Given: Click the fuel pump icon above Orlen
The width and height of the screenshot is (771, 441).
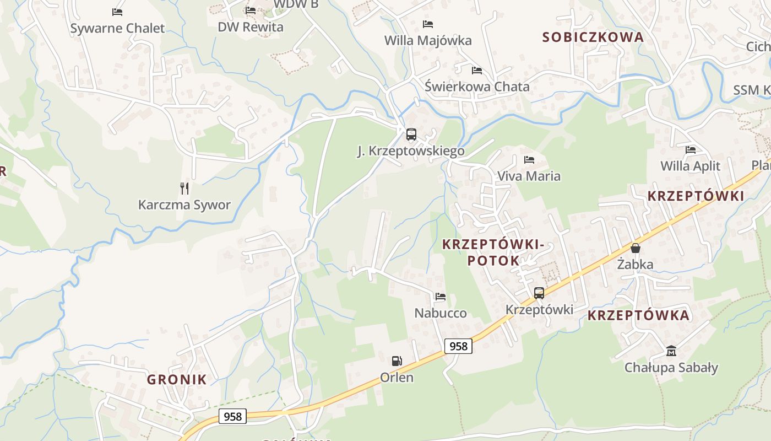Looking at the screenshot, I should pyautogui.click(x=397, y=361).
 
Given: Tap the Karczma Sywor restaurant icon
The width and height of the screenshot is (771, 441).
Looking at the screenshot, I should pyautogui.click(x=184, y=189).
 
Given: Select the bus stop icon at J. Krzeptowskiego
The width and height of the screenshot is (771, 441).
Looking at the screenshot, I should pyautogui.click(x=411, y=135).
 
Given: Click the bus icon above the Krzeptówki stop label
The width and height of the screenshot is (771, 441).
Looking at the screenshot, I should pyautogui.click(x=539, y=293).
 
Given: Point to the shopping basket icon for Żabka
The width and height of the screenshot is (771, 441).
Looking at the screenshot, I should pyautogui.click(x=636, y=248).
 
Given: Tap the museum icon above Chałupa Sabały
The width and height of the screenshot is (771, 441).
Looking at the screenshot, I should pyautogui.click(x=671, y=351).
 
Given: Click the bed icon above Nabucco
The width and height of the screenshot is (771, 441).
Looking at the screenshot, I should pyautogui.click(x=440, y=297).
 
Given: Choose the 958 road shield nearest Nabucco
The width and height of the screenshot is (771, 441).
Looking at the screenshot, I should pyautogui.click(x=458, y=346).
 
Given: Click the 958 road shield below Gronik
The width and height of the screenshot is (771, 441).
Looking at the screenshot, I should pyautogui.click(x=232, y=416).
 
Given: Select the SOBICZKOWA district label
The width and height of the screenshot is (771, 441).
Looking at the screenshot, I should pyautogui.click(x=593, y=37).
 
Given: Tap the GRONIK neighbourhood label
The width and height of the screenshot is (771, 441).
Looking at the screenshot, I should pyautogui.click(x=176, y=379).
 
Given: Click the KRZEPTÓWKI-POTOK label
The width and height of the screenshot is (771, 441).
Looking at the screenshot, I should pyautogui.click(x=493, y=252).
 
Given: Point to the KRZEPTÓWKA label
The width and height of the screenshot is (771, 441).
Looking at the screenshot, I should pyautogui.click(x=638, y=315).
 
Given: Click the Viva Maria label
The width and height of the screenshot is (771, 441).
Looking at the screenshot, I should pyautogui.click(x=529, y=176).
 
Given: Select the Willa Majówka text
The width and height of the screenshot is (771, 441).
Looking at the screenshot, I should pyautogui.click(x=428, y=40).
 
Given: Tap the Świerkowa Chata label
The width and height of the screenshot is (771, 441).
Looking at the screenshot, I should pyautogui.click(x=477, y=87).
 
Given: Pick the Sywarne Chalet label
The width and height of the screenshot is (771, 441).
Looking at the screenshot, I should pyautogui.click(x=117, y=28).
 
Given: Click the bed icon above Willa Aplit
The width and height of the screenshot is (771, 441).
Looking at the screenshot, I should pyautogui.click(x=690, y=150).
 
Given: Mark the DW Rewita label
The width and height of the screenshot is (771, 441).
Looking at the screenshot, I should pyautogui.click(x=251, y=27).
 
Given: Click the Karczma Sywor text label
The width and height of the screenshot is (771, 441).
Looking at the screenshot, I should pyautogui.click(x=184, y=205).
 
